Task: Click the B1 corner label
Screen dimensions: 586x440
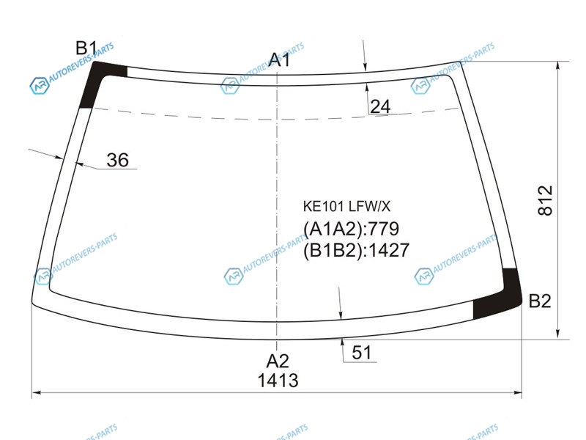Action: tap(86, 48)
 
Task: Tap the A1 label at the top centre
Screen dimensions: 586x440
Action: tap(279, 60)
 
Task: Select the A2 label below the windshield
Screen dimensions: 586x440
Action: tap(278, 362)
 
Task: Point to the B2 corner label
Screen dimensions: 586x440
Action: tap(540, 301)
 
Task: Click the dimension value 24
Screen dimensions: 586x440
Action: tap(380, 106)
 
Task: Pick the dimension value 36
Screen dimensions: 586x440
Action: tap(117, 160)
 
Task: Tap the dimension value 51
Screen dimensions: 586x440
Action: tap(361, 353)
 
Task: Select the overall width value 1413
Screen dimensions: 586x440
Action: tap(278, 381)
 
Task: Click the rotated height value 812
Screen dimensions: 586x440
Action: tap(545, 200)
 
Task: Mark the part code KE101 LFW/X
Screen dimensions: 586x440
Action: tap(346, 206)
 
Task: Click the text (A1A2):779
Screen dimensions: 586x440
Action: tap(352, 229)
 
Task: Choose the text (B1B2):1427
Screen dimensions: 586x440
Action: tap(356, 250)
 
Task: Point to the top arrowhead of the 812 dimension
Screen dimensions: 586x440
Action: tap(557, 65)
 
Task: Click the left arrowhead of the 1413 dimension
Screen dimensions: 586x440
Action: tap(37, 392)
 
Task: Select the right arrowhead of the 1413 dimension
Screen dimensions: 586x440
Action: tap(518, 392)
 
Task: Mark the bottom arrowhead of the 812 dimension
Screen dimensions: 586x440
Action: tap(557, 334)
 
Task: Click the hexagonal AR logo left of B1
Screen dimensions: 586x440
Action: tap(40, 86)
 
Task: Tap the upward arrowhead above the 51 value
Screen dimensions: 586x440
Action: tap(342, 343)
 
